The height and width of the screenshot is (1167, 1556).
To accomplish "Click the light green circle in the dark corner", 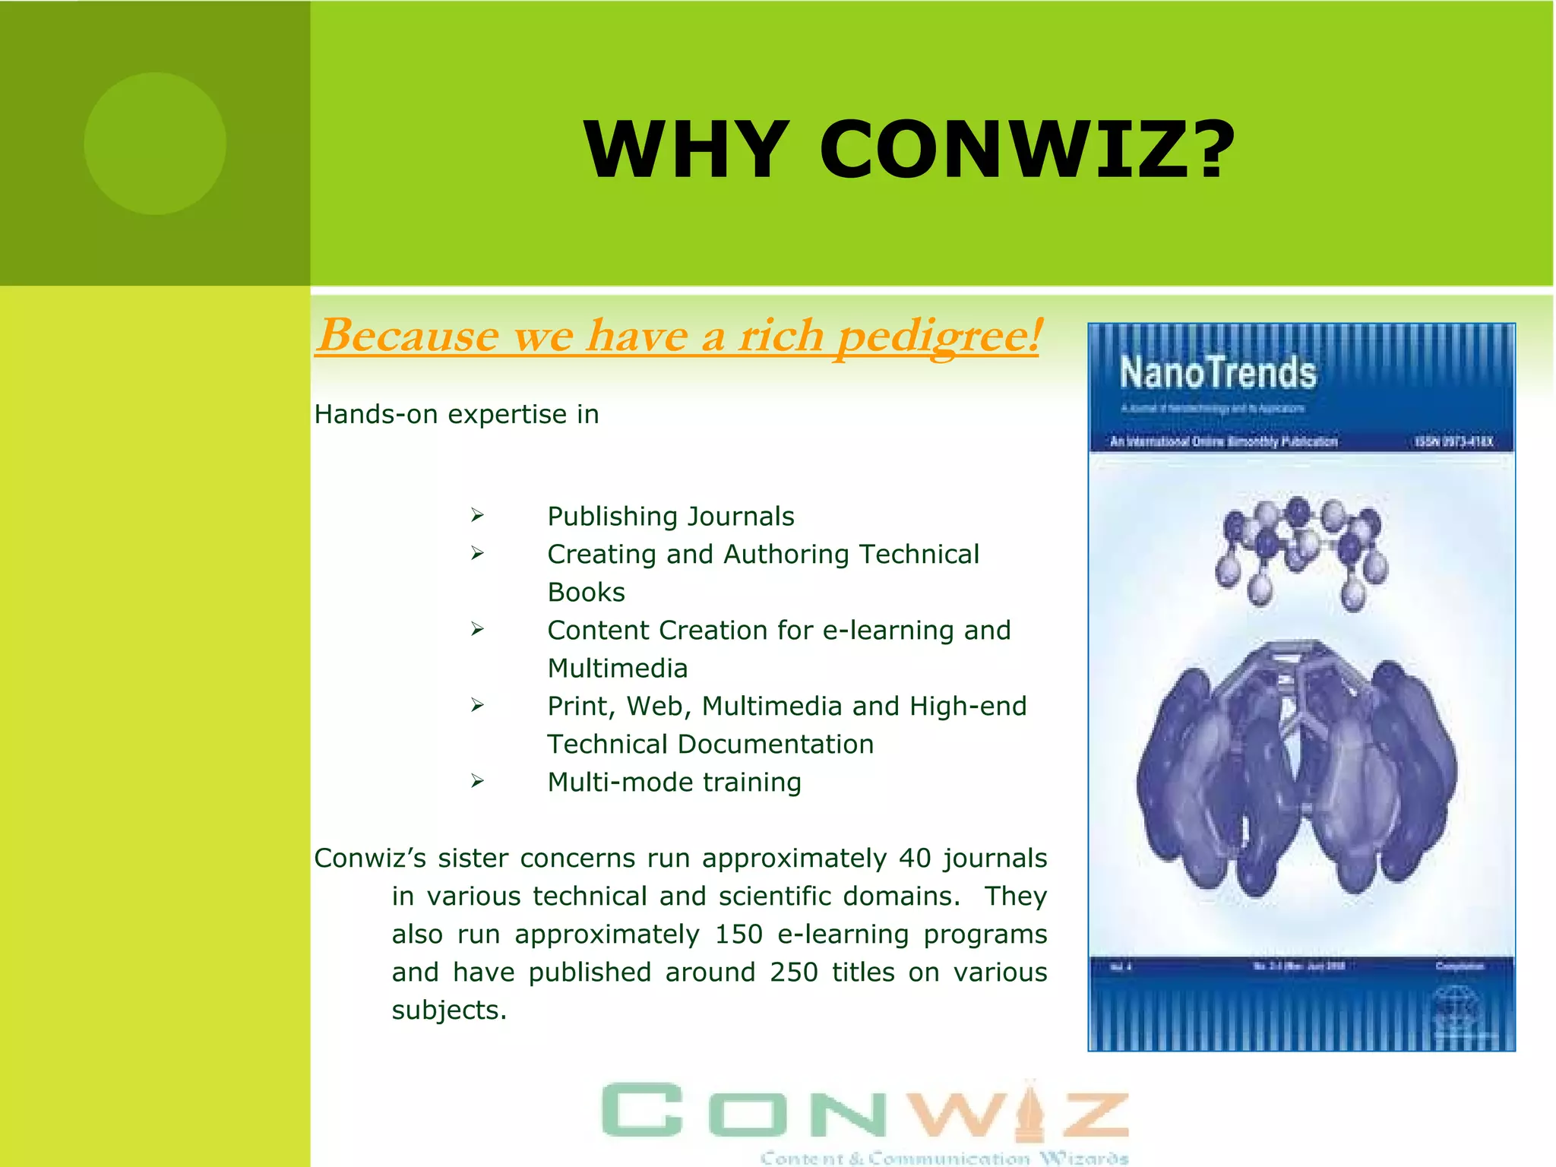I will [155, 144].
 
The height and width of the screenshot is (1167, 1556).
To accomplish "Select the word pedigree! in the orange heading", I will [938, 336].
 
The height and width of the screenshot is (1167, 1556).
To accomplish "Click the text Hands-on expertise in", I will [457, 415].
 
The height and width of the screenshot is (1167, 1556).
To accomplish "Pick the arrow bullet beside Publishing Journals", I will [477, 516].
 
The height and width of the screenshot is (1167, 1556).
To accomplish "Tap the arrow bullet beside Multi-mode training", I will [477, 781].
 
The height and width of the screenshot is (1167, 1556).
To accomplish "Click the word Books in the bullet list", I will [586, 593].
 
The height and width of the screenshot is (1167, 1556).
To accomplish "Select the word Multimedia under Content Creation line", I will [617, 669].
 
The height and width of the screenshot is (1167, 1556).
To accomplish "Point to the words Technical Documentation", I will [710, 745].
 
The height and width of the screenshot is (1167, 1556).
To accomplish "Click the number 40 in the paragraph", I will [914, 859].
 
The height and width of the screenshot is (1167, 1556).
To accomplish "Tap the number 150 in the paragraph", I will [738, 935].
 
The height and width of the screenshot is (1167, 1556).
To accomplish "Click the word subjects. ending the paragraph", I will [448, 1010].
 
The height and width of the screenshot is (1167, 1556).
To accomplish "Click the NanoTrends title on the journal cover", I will [1218, 374].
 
